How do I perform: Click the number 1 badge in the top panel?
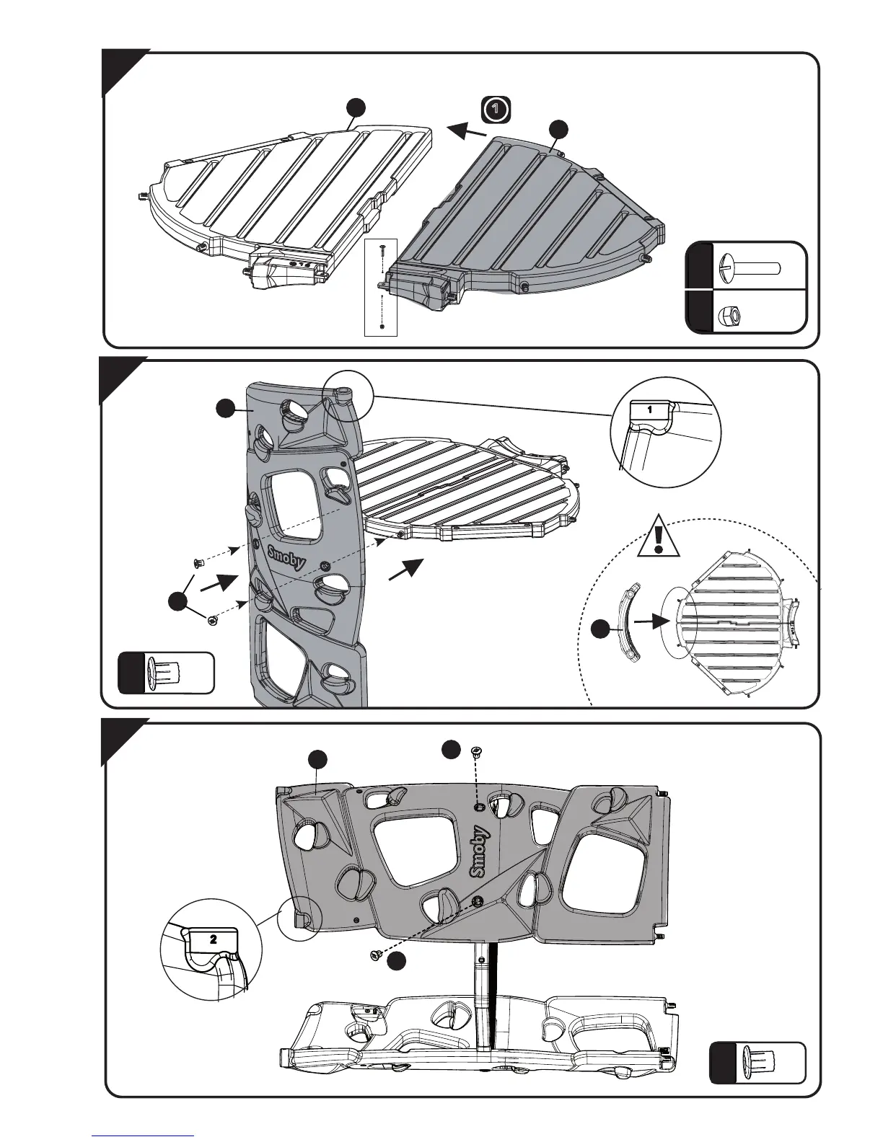point(494,110)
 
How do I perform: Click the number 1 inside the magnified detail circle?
point(650,409)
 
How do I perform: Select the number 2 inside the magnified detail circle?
point(213,939)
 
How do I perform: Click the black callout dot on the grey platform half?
point(557,129)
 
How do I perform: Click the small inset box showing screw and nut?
point(382,286)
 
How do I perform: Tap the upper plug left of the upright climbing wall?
point(196,561)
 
